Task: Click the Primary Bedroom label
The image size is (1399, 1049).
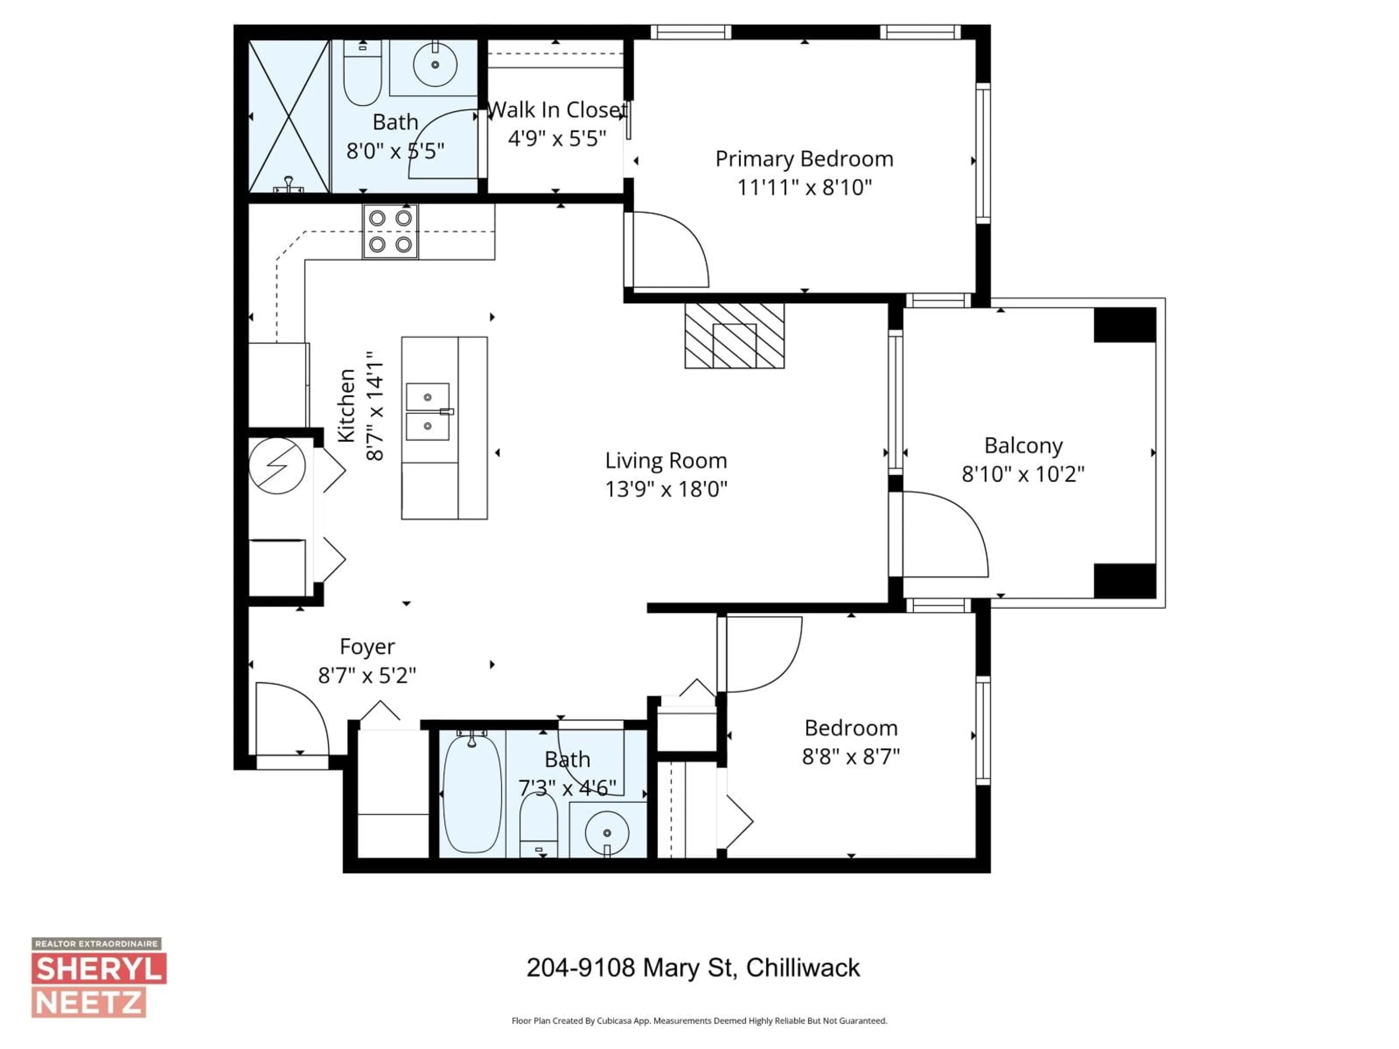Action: pos(804,159)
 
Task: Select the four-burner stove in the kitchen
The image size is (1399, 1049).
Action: pos(390,231)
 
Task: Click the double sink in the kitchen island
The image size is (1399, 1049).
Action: pos(428,412)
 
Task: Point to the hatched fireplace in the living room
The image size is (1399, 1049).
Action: pos(734,336)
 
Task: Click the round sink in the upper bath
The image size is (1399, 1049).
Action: pos(435,64)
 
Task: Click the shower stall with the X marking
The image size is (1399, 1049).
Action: pos(289,116)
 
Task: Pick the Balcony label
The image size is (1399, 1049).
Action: pos(1023,446)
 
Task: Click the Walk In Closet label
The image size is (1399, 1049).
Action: pos(557,110)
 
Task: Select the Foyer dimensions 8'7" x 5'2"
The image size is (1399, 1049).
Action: pos(367,676)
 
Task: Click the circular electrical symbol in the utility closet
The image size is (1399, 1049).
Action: pos(277,466)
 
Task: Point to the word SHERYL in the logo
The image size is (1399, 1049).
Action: pos(99,969)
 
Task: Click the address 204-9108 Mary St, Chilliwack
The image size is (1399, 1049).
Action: pos(693,967)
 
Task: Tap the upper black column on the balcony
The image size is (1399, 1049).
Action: pos(1125,325)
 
